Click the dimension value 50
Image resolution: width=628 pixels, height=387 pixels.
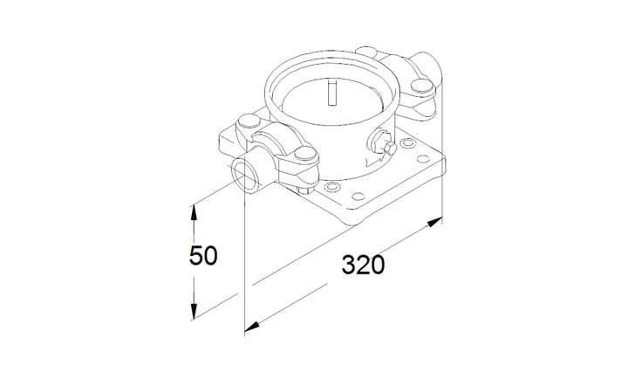pyautogui.click(x=203, y=255)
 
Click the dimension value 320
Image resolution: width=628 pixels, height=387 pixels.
pyautogui.click(x=363, y=265)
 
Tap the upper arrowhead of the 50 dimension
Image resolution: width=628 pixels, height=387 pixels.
pyautogui.click(x=194, y=212)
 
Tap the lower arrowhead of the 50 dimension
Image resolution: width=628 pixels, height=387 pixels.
pyautogui.click(x=194, y=313)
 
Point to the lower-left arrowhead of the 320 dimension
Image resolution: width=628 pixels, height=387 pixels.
pyautogui.click(x=251, y=327)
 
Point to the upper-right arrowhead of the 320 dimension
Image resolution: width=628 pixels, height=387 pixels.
pyautogui.click(x=435, y=221)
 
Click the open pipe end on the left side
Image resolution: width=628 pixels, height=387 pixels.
pyautogui.click(x=245, y=174)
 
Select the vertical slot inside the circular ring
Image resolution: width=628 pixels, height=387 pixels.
pyautogui.click(x=332, y=93)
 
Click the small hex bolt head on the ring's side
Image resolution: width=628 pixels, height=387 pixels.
pyautogui.click(x=389, y=149)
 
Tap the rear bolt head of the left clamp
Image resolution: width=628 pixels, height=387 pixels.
pyautogui.click(x=249, y=121)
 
